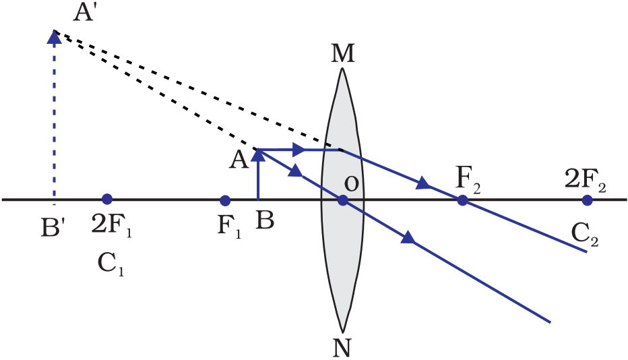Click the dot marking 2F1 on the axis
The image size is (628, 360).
click(106, 200)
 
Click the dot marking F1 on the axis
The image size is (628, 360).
click(225, 200)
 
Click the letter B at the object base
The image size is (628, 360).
click(265, 221)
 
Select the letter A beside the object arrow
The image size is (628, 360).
click(238, 159)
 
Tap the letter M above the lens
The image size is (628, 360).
click(343, 55)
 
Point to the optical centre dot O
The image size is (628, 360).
click(342, 200)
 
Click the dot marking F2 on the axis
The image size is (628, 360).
click(462, 200)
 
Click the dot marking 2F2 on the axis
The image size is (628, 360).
click(588, 200)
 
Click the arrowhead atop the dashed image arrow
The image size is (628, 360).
click(55, 38)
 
